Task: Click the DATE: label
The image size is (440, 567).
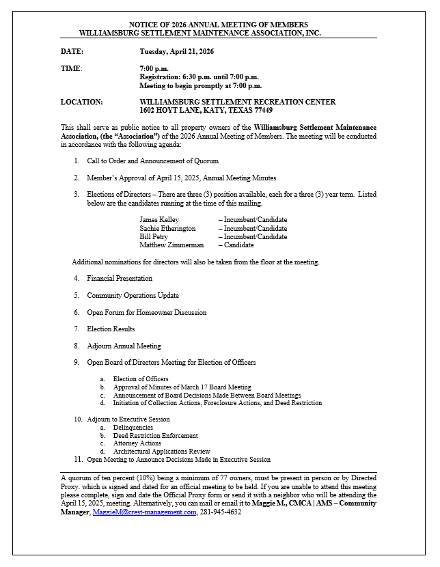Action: [x=72, y=52]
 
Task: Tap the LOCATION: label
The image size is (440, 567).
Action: [x=81, y=102]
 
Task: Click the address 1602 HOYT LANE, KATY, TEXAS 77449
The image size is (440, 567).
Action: [x=206, y=110]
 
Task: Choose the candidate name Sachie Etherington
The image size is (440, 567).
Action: [x=167, y=228]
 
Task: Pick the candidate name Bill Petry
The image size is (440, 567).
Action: [x=154, y=236]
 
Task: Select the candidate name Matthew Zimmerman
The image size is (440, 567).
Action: [x=171, y=245]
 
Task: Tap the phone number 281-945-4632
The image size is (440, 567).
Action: [x=221, y=512]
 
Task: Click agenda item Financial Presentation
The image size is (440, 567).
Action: [x=120, y=279]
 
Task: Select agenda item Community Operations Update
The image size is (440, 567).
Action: [x=133, y=296]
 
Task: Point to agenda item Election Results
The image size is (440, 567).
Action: [x=111, y=329]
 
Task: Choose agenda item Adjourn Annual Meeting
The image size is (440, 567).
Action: [x=124, y=346]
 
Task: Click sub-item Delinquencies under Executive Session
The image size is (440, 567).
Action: [x=133, y=427]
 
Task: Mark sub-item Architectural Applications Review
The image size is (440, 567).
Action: [x=161, y=452]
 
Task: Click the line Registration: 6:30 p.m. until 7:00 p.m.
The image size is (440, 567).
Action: [x=199, y=77]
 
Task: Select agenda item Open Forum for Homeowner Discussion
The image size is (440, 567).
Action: [x=146, y=312]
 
